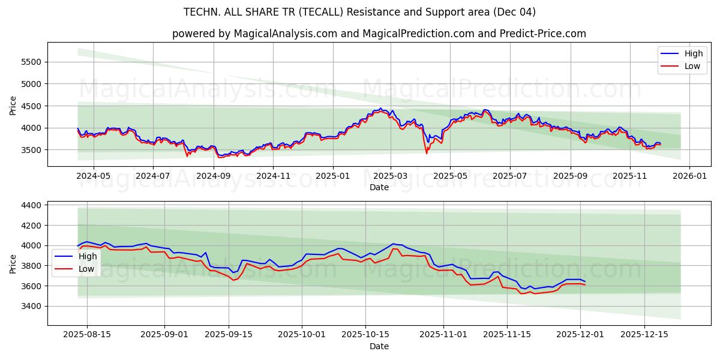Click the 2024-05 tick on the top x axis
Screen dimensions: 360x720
(x=94, y=176)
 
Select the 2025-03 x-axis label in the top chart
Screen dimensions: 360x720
(x=391, y=176)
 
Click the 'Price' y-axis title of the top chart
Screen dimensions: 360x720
(x=13, y=105)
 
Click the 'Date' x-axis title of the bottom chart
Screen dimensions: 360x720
(x=379, y=346)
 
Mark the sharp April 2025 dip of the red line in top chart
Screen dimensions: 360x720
(x=427, y=154)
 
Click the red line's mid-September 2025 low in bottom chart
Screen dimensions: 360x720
(x=233, y=280)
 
